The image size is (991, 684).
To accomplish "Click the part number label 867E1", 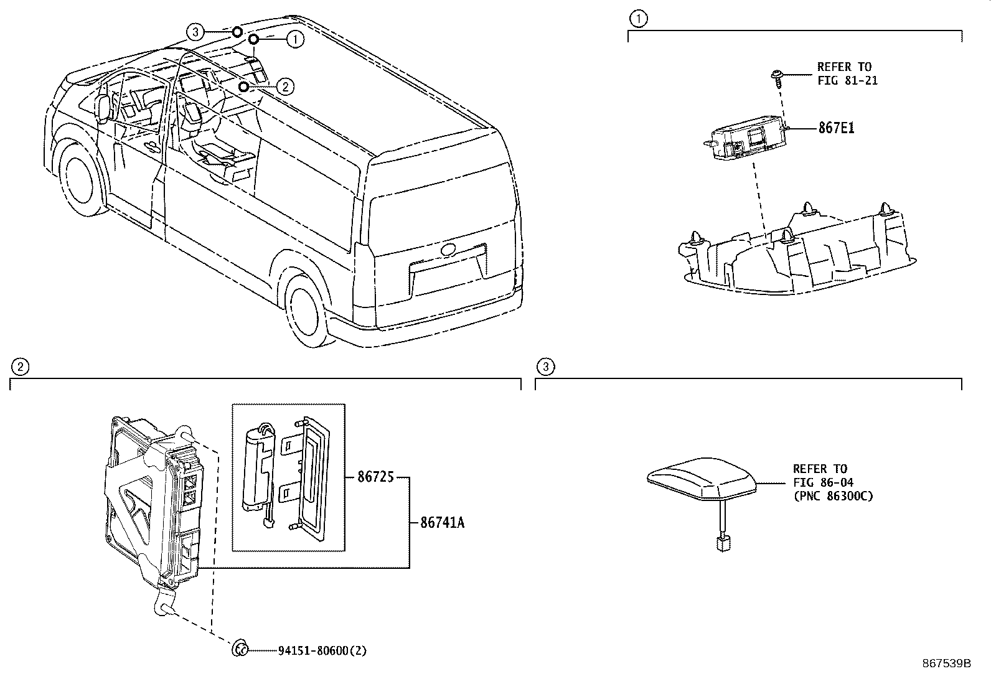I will (x=836, y=128).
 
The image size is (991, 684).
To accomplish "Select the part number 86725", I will (x=375, y=478).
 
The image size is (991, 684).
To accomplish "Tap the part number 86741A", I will (x=442, y=523).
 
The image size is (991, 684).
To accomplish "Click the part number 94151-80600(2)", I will (x=322, y=650).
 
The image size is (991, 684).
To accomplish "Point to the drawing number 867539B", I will (x=946, y=663).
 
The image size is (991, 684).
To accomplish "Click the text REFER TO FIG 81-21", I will (x=847, y=73).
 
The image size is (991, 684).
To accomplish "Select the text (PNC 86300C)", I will (x=833, y=496).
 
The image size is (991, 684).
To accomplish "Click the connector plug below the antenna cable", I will (x=723, y=544).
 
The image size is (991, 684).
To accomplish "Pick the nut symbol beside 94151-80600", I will (x=240, y=650).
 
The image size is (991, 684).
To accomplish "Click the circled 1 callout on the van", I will (x=295, y=40).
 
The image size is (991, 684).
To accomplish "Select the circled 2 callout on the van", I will (x=284, y=87).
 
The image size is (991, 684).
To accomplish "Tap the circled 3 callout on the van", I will (x=195, y=32).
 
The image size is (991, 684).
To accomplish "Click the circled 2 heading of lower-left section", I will (x=20, y=367).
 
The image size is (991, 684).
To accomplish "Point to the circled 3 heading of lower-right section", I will (x=545, y=367).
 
